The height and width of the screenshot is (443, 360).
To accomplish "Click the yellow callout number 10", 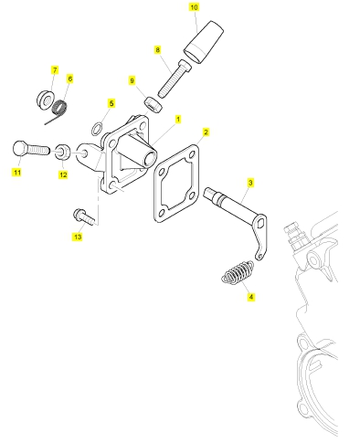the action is pos(194,7).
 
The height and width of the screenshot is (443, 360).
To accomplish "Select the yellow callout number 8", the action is pos(157,49).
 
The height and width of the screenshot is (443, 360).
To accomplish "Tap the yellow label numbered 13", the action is pos(78,237).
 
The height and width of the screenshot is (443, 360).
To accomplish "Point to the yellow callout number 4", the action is pos(250,297).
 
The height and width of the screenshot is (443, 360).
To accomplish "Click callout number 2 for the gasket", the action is pos(206,132).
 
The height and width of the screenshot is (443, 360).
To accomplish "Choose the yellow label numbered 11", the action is pos(17,173).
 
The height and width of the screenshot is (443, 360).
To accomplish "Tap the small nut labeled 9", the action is pos(154,104).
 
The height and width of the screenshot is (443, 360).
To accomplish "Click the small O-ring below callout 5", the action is pos(96,129).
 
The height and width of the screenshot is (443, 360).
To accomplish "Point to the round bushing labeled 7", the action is pos(46,99).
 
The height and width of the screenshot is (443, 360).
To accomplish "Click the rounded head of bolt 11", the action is pos(20,148).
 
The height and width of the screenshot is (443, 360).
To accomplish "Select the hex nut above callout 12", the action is pos(62,152).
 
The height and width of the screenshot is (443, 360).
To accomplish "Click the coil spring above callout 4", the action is pos(238,272).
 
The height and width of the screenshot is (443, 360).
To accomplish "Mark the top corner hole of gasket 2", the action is pos(192,154).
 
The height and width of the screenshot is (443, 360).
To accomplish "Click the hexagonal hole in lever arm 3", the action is pos(259,225).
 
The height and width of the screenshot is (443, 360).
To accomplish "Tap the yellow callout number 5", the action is pos(111,103).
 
